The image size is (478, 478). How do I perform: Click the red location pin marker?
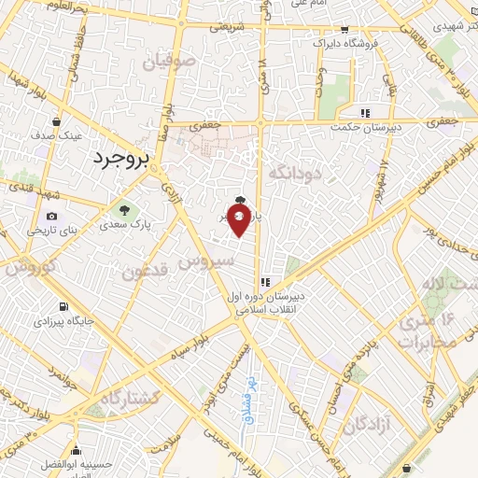tap(239, 220)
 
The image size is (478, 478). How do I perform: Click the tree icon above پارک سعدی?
tap(124, 208)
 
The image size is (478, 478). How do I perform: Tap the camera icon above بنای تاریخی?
tap(50, 216)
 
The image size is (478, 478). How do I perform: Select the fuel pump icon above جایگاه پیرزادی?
tap(63, 306)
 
